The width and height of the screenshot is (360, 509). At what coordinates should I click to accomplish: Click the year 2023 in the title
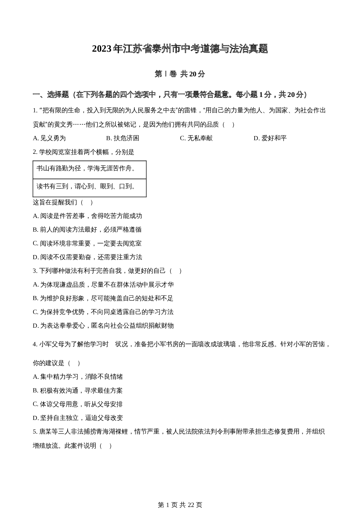pyautogui.click(x=102, y=49)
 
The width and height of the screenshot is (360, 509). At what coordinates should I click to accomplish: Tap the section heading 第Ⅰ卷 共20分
pyautogui.click(x=180, y=74)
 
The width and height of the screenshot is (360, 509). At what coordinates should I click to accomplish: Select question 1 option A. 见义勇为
pyautogui.click(x=49, y=138)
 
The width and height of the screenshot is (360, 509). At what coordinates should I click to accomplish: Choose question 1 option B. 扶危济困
pyautogui.click(x=123, y=138)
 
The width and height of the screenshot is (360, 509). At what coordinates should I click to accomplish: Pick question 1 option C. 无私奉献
pyautogui.click(x=196, y=138)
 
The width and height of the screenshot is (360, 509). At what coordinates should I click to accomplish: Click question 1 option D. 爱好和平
pyautogui.click(x=270, y=138)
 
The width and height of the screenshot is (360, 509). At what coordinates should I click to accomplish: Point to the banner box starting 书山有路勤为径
pyautogui.click(x=89, y=169)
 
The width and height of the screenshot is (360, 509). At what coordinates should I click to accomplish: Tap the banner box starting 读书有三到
pyautogui.click(x=89, y=187)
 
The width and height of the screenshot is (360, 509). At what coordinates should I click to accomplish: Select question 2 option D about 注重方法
pyautogui.click(x=87, y=257)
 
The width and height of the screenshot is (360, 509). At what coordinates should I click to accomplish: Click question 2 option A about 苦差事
pyautogui.click(x=87, y=216)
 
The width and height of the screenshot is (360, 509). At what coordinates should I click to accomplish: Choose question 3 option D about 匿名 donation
pyautogui.click(x=103, y=326)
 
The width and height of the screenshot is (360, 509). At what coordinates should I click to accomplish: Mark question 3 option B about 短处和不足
pyautogui.click(x=103, y=298)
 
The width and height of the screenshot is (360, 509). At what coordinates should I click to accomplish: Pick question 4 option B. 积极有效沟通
pyautogui.click(x=78, y=391)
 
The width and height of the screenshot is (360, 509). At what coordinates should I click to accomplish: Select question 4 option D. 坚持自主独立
pyautogui.click(x=78, y=418)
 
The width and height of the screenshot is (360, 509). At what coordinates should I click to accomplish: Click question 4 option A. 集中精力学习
pyautogui.click(x=78, y=377)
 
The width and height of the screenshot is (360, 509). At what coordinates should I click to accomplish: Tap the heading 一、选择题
pyautogui.click(x=51, y=95)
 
